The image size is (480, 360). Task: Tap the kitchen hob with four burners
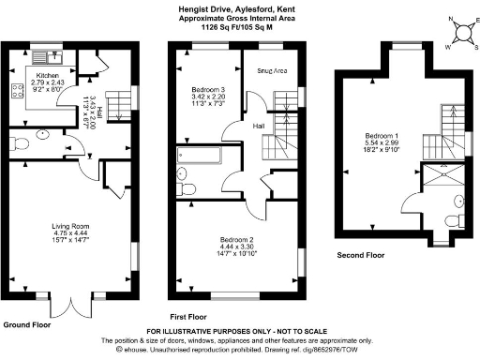pos(16,92)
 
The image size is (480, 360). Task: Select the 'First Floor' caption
pos(189,316)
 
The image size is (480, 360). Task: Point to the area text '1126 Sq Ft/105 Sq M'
pos(240,29)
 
